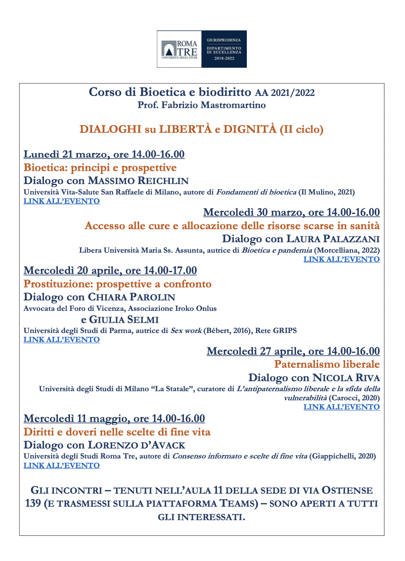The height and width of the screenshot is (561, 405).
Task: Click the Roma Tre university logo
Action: pos(179,49)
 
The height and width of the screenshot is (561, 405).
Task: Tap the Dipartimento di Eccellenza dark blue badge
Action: pos(224,49)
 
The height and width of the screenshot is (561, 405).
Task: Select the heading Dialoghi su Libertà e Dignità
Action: pos(201,129)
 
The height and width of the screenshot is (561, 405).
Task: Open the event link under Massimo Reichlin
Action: pos(62,201)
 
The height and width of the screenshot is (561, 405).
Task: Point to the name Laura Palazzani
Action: pos(333,239)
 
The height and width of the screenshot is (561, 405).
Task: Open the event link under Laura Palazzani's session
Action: pos(342,259)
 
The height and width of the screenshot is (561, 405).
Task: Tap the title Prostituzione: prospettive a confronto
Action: pos(117,284)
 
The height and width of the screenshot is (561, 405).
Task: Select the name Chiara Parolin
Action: pos(132,297)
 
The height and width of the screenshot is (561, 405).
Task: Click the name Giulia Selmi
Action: pos(124,320)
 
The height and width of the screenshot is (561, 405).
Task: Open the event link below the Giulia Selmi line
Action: pos(62,340)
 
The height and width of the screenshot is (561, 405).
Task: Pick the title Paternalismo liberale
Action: pos(327,364)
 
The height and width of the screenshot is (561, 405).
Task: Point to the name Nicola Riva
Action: pos(346,378)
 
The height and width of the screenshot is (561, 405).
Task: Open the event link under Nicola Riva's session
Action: pos(342,407)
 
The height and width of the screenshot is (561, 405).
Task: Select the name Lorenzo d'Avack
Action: pos(136,445)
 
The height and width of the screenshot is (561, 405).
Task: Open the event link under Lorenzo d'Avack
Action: pos(62,465)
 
